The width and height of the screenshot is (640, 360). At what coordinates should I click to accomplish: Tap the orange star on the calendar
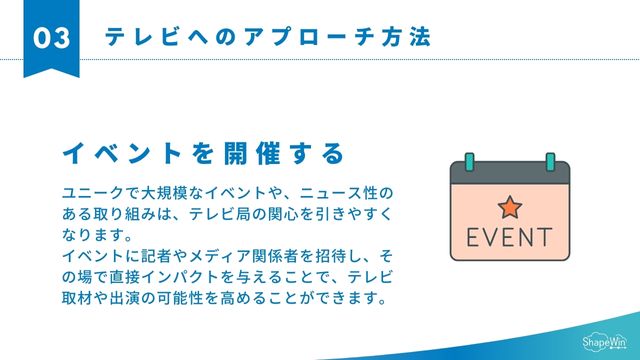coord(509,207)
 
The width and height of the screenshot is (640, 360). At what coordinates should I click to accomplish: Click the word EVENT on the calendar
coord(509,238)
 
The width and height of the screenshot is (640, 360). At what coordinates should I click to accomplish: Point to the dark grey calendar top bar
coord(509,173)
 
